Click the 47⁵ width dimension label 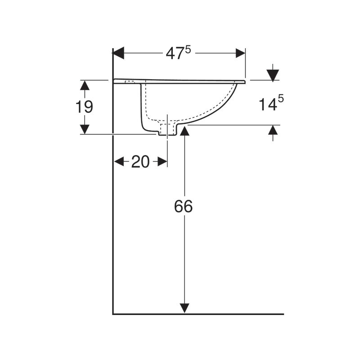178,53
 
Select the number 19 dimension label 84,107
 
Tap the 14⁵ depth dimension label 271,104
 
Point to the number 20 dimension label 140,162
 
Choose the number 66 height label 184,206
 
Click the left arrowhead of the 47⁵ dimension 118,53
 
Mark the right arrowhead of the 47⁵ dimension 240,53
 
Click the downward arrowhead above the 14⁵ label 273,75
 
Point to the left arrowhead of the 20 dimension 119,162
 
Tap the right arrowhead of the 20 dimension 162,162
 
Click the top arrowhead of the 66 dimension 184,131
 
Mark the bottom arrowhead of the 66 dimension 184,308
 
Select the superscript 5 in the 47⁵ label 188,49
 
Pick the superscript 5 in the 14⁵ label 280,100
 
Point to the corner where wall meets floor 113,314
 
